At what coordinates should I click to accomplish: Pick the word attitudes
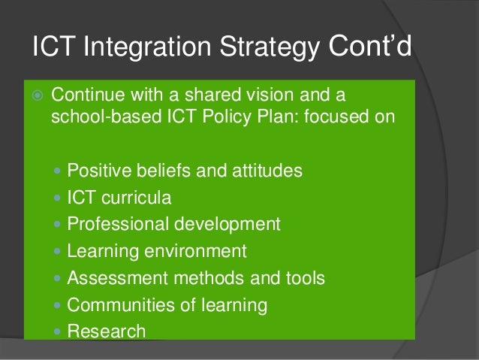coord(267,171)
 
